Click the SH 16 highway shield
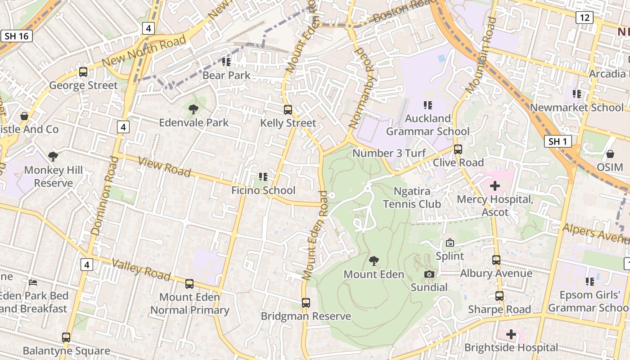coord(17,36)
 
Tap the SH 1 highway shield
coord(558,142)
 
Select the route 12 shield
coord(585,18)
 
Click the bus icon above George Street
coord(83,72)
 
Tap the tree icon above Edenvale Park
coord(193,109)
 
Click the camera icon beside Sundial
coord(429,274)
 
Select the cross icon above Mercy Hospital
coord(495,185)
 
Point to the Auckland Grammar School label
coord(427,125)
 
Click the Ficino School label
coord(263,190)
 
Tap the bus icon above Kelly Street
coord(288,109)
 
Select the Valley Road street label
coord(141,269)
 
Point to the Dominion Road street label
coord(101,195)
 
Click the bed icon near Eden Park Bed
coord(33,283)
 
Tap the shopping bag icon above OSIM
coord(610,154)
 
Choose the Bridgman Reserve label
coord(306,316)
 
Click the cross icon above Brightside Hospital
coord(511,334)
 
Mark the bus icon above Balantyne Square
coord(66,337)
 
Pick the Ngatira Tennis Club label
coord(412,198)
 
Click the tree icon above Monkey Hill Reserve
coord(54,157)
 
